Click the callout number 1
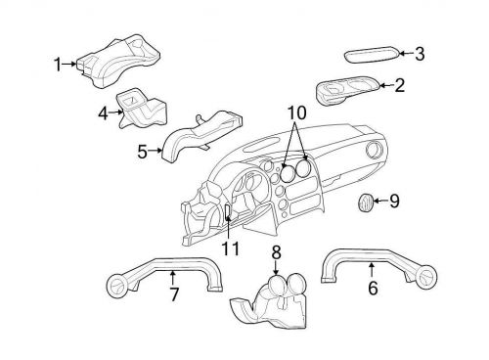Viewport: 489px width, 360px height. pyautogui.click(x=58, y=65)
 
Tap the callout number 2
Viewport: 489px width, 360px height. pyautogui.click(x=399, y=86)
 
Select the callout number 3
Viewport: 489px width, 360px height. pyautogui.click(x=420, y=54)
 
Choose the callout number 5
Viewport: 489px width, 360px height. pyautogui.click(x=142, y=152)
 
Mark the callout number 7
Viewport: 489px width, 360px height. pyautogui.click(x=174, y=293)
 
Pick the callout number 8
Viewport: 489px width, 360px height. pyautogui.click(x=276, y=252)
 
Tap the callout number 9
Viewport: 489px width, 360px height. pyautogui.click(x=395, y=202)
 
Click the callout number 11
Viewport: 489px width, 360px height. pyautogui.click(x=230, y=248)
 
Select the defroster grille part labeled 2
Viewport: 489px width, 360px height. pyautogui.click(x=347, y=91)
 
